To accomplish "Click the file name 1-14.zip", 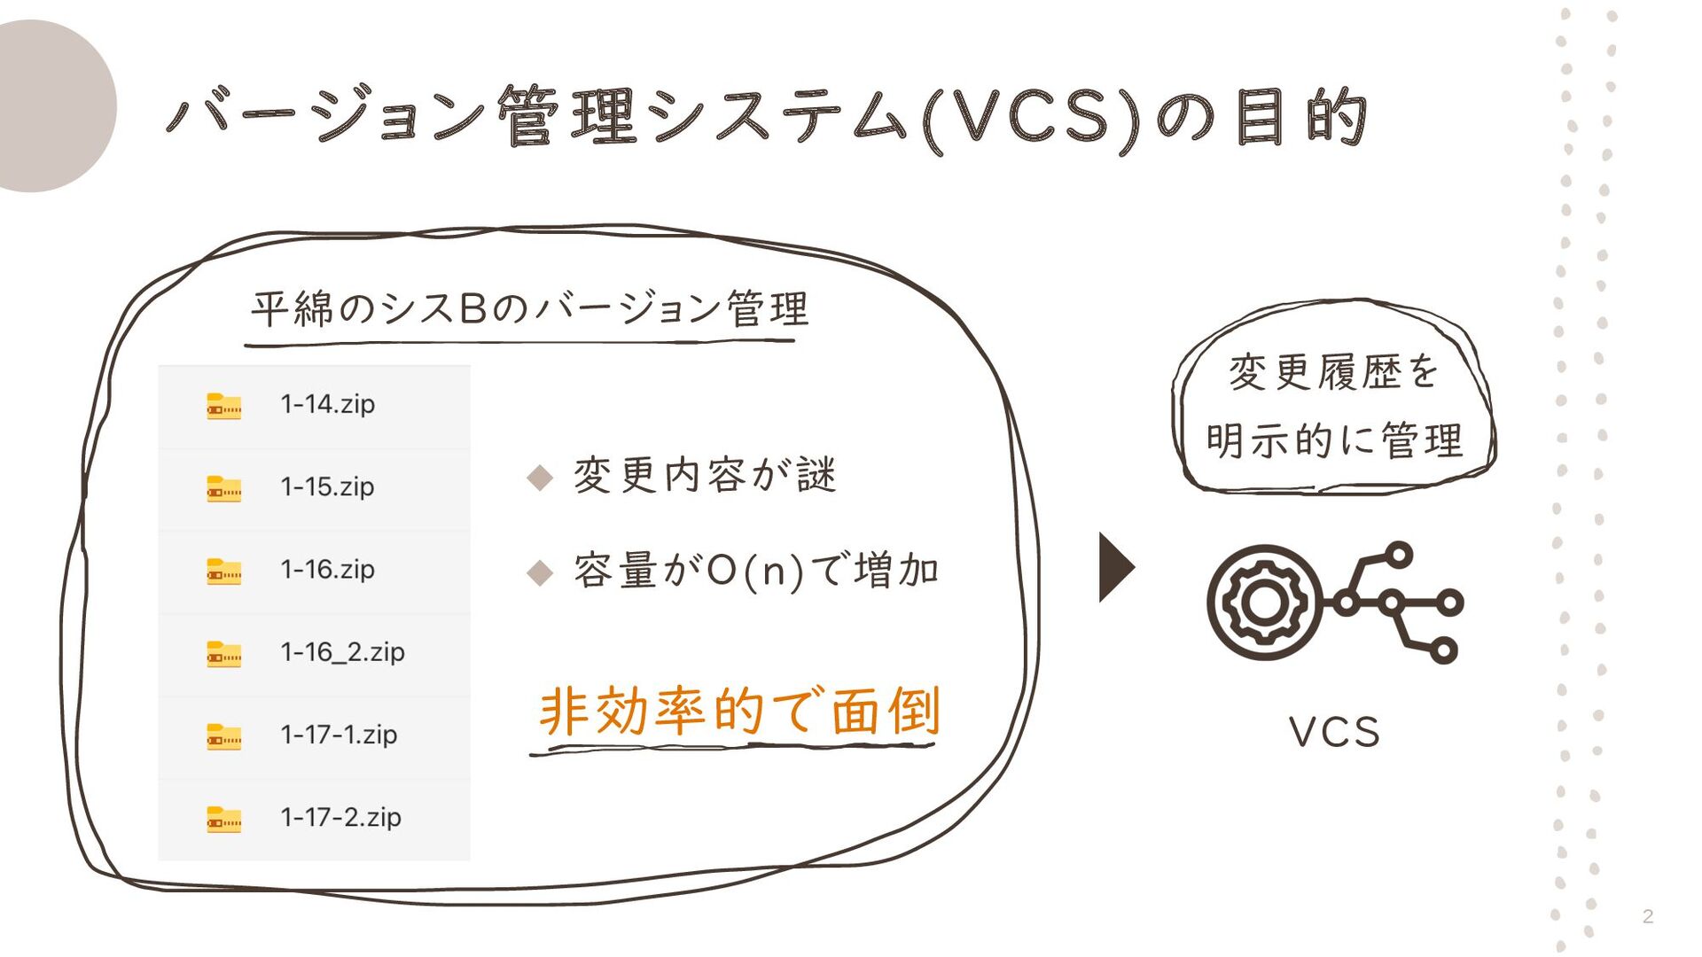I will click(x=327, y=404).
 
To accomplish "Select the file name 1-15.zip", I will click(x=327, y=486).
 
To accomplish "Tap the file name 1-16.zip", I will click(x=327, y=569).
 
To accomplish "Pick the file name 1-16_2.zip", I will click(x=342, y=652).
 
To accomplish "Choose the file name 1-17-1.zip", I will click(x=339, y=735).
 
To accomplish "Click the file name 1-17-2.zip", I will click(x=340, y=817).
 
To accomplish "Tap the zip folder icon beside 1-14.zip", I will click(x=223, y=406).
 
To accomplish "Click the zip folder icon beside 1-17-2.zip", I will click(x=223, y=819).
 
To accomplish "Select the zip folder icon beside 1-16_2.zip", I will click(x=223, y=654).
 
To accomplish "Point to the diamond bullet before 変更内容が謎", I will click(x=540, y=478).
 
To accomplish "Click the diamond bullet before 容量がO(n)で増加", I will click(x=540, y=572).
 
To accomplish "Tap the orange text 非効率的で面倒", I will click(x=739, y=711).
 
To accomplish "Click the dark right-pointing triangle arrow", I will click(x=1115, y=567).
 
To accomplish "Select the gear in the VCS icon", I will click(x=1264, y=603).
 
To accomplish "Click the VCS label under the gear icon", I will click(x=1334, y=733).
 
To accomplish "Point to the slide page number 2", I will click(x=1647, y=916).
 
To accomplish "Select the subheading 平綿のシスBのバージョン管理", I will click(x=529, y=309).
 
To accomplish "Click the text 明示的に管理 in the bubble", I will click(x=1334, y=440).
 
